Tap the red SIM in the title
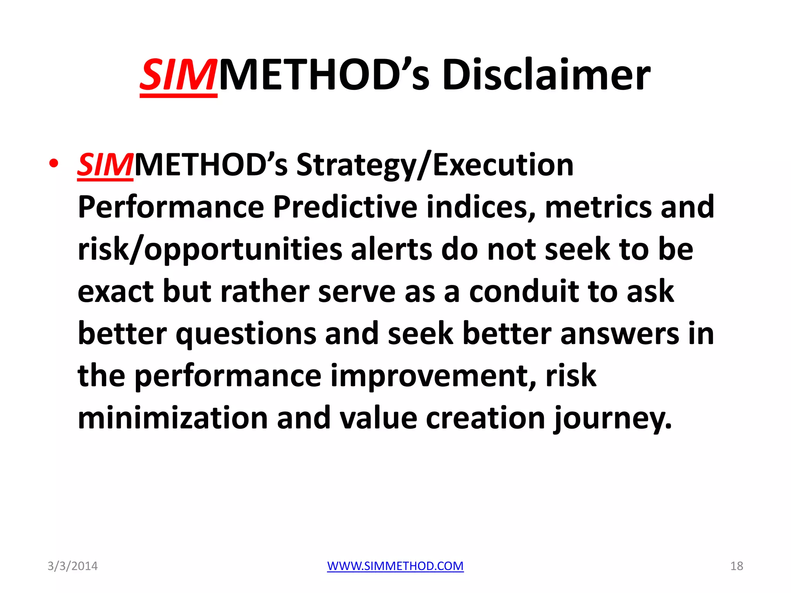(x=178, y=75)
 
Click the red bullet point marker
(x=54, y=164)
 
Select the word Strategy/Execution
(x=435, y=165)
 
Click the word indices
(x=481, y=207)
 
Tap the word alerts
(x=391, y=250)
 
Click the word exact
(x=115, y=292)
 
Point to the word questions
(x=246, y=334)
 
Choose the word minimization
(x=173, y=418)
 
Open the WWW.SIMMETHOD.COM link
(x=395, y=566)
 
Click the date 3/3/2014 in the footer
(x=72, y=566)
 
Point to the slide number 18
(x=737, y=566)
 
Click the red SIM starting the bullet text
(x=105, y=165)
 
